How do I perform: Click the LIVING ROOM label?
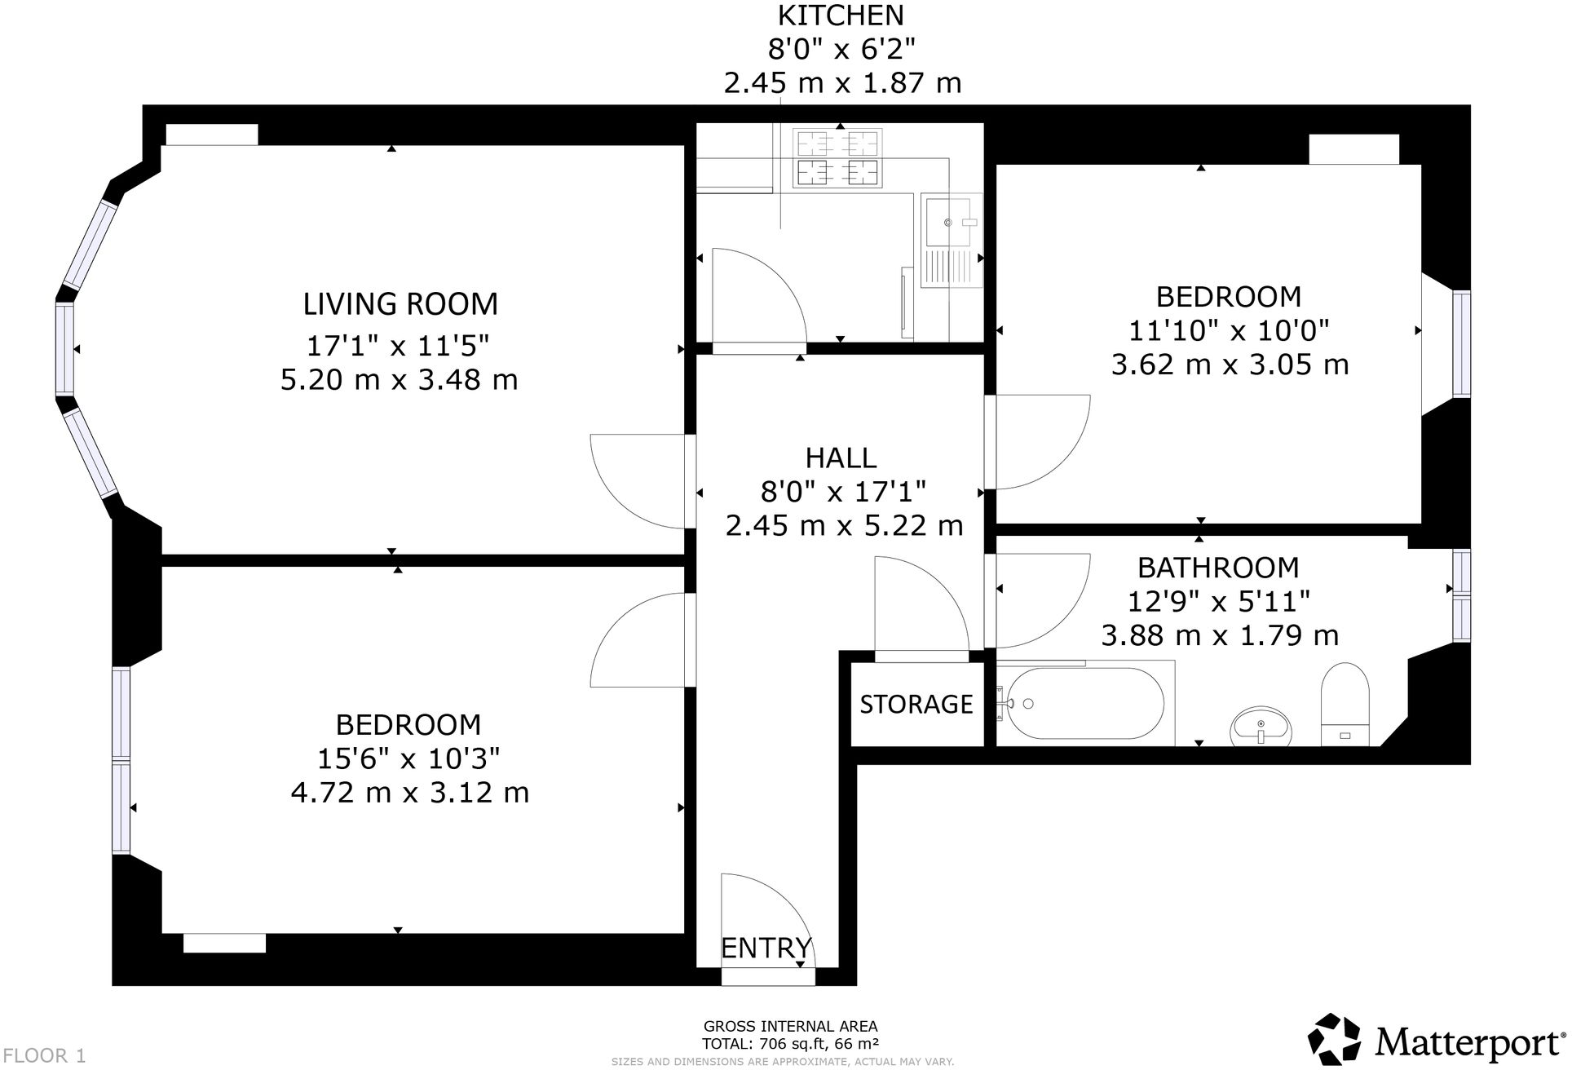pos(400,304)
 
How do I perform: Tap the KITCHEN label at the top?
pos(841,15)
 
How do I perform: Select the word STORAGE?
pos(916,705)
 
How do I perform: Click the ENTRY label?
pos(766,948)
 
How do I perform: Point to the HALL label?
pos(841,458)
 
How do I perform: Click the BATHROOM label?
pos(1218,568)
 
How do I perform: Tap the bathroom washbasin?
pos(1261,726)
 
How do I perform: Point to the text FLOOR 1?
pos(44,1055)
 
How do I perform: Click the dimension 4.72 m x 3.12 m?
pos(410,793)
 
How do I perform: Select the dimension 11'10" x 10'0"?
pos(1229,331)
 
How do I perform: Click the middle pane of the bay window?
pos(64,349)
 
